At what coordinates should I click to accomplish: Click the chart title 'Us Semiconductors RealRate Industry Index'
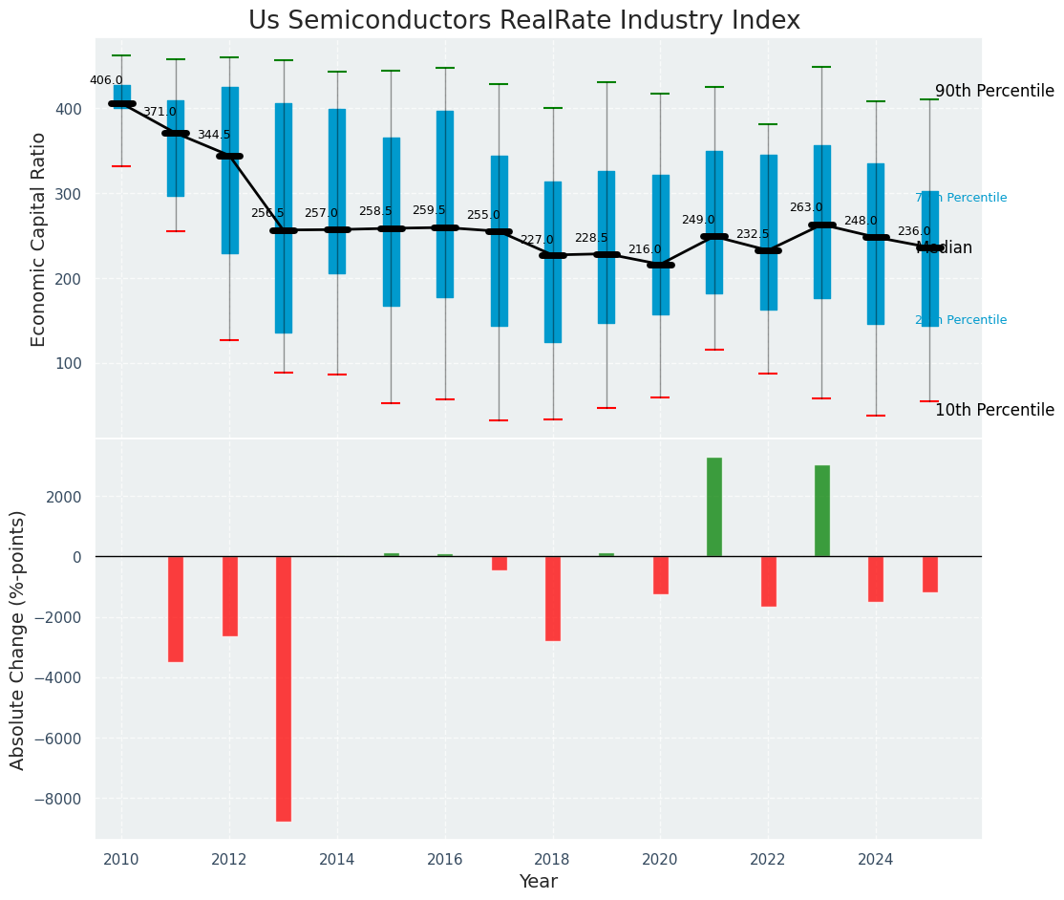click(524, 21)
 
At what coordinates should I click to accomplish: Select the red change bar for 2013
click(284, 688)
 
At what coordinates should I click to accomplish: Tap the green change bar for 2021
click(714, 507)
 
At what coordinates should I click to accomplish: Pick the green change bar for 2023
click(822, 511)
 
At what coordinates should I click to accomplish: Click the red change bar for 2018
click(553, 598)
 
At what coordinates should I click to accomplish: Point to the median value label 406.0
click(106, 81)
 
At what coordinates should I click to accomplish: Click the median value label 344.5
click(214, 136)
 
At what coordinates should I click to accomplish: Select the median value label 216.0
click(645, 250)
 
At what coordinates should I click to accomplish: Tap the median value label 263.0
click(806, 208)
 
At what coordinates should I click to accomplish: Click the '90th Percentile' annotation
click(994, 92)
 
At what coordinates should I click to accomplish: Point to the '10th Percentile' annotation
click(994, 411)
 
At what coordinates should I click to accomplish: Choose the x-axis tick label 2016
click(445, 861)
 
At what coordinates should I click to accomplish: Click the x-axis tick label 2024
click(876, 861)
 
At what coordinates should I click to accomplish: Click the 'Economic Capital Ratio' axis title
click(39, 239)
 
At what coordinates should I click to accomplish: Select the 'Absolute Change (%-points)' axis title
click(18, 640)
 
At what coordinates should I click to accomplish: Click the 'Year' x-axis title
click(539, 882)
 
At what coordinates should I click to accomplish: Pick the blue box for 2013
click(284, 218)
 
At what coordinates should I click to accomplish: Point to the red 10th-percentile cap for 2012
click(229, 340)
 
